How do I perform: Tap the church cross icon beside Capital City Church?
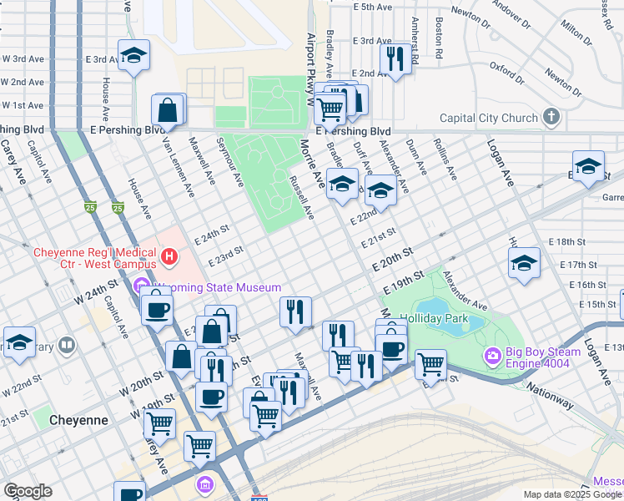(551, 117)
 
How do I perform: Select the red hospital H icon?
(170, 256)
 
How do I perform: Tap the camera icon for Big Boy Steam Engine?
(492, 357)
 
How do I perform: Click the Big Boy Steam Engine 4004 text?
(535, 357)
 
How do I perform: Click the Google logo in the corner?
(28, 491)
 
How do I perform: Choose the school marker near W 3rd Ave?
(133, 56)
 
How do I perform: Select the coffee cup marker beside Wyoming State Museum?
(156, 310)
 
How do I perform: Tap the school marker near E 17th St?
(523, 263)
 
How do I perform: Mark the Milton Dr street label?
(576, 30)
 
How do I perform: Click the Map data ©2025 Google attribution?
(572, 494)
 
